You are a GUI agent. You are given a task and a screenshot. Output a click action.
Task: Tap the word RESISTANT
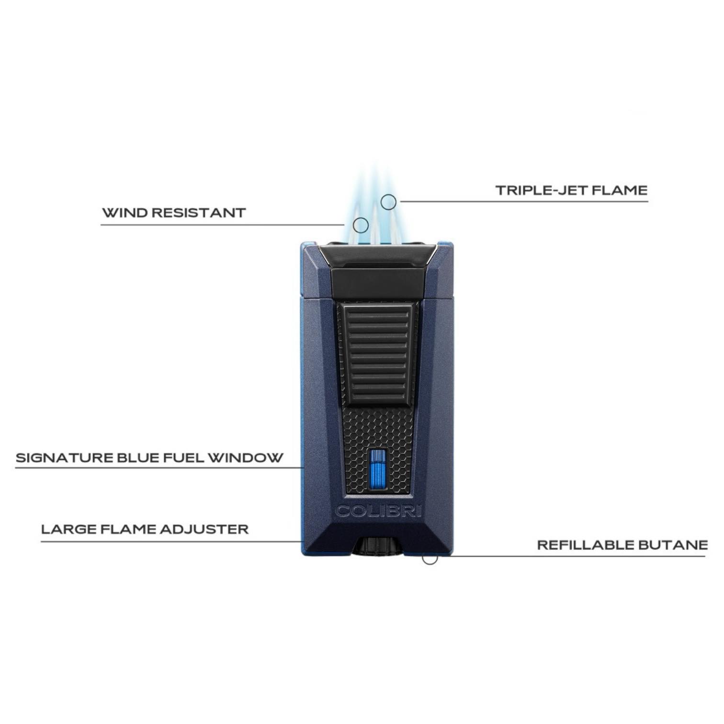tap(199, 213)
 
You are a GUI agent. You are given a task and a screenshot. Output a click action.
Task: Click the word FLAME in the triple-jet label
tap(620, 191)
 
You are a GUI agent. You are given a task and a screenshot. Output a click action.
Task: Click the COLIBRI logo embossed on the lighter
tap(378, 511)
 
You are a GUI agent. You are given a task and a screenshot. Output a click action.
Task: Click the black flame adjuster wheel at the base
tap(378, 547)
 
